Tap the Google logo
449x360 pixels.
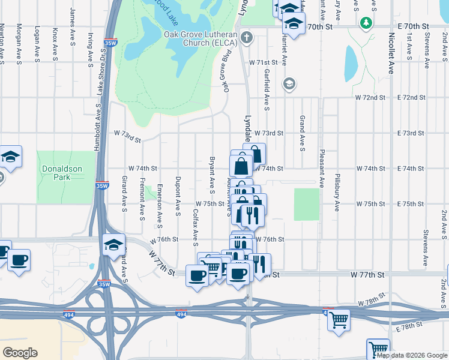[20, 353]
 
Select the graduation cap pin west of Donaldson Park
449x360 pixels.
[10, 157]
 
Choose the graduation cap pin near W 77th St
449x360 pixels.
[113, 245]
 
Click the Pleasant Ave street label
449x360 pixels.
[322, 167]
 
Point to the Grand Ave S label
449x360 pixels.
[302, 133]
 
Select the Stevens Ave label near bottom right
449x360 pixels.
[424, 248]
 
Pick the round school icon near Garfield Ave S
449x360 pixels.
[289, 83]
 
